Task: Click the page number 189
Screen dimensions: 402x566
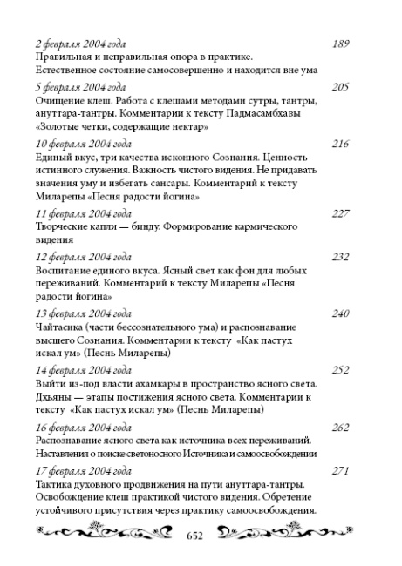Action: click(344, 43)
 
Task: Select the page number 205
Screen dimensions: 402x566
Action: click(344, 87)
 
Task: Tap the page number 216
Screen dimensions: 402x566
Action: click(344, 143)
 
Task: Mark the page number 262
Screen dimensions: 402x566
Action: click(344, 426)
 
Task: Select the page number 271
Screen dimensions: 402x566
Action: click(344, 470)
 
